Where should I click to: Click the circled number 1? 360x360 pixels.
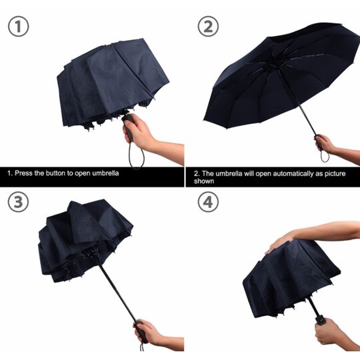[x=19, y=27]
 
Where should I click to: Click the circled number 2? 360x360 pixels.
[x=208, y=27]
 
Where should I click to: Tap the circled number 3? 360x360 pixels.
[x=19, y=202]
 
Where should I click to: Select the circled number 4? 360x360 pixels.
[x=208, y=202]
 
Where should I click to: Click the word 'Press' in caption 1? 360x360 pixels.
[x=24, y=173]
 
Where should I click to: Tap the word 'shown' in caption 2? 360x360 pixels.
[x=204, y=181]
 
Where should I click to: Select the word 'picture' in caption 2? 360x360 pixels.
[x=335, y=173]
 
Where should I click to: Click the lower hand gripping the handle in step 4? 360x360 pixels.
[x=327, y=331]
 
